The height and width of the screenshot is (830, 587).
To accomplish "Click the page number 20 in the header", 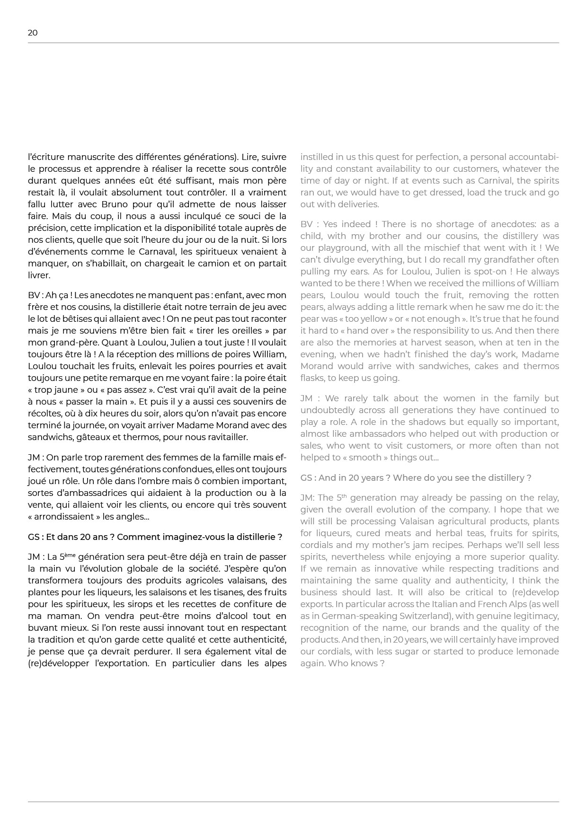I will pos(33,33).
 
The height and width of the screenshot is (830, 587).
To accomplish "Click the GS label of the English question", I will pos(306,478).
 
